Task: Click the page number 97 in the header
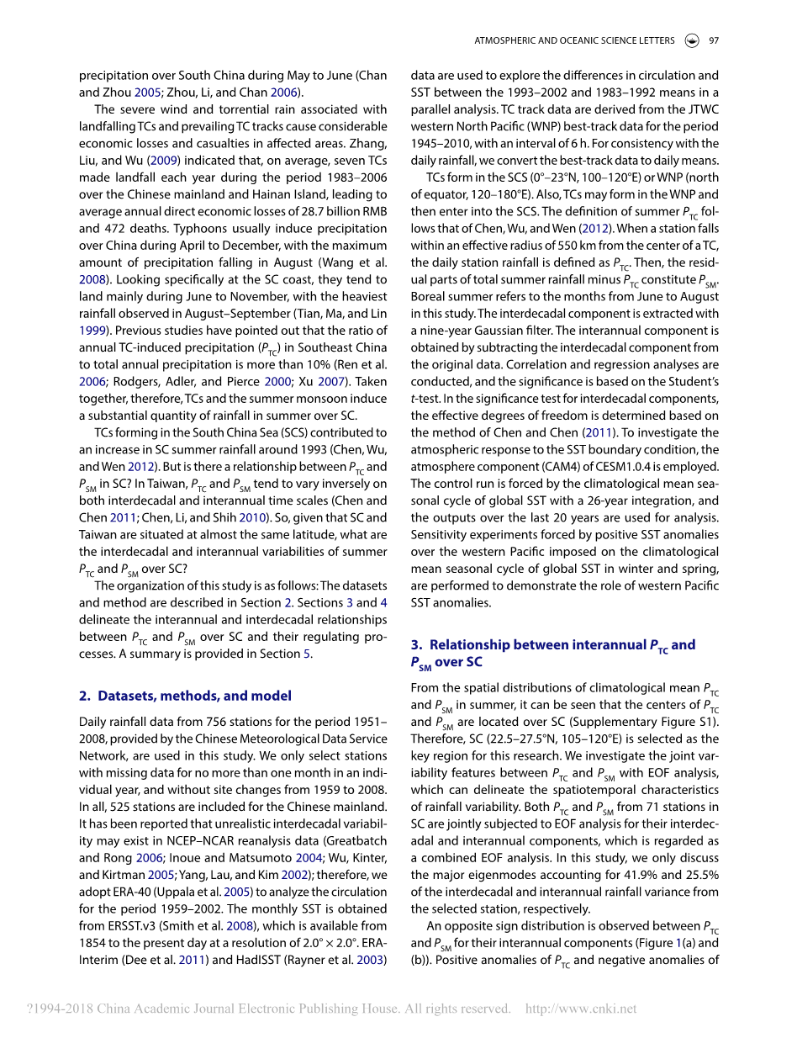(x=713, y=40)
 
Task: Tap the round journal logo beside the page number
(x=691, y=40)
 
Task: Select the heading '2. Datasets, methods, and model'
(x=185, y=696)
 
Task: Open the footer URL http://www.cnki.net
(x=581, y=1009)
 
